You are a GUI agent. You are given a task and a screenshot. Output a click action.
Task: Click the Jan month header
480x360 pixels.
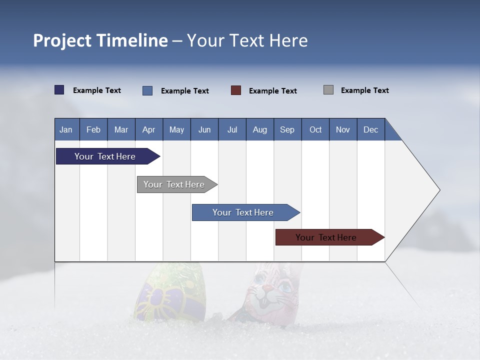click(x=66, y=129)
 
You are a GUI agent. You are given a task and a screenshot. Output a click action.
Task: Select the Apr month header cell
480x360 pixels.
click(x=149, y=129)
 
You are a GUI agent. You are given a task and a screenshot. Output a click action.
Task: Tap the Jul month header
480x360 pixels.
click(x=232, y=129)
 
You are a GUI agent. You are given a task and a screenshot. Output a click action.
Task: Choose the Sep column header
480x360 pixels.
click(x=287, y=129)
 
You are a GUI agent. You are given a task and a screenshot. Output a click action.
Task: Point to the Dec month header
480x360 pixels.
click(x=370, y=129)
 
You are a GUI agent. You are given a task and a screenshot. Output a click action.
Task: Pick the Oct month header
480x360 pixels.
click(x=315, y=129)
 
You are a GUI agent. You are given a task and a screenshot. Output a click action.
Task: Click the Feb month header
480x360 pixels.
click(x=93, y=129)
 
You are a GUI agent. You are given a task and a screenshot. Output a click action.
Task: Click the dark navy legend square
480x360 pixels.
click(x=59, y=90)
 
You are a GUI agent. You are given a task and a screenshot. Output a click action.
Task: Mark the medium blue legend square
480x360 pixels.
click(x=147, y=90)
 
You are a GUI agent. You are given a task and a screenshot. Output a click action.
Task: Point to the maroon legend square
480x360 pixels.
click(x=236, y=90)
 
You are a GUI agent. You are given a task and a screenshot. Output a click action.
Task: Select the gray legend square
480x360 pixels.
click(x=328, y=90)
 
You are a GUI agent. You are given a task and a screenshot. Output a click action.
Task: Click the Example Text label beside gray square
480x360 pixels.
click(x=364, y=90)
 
